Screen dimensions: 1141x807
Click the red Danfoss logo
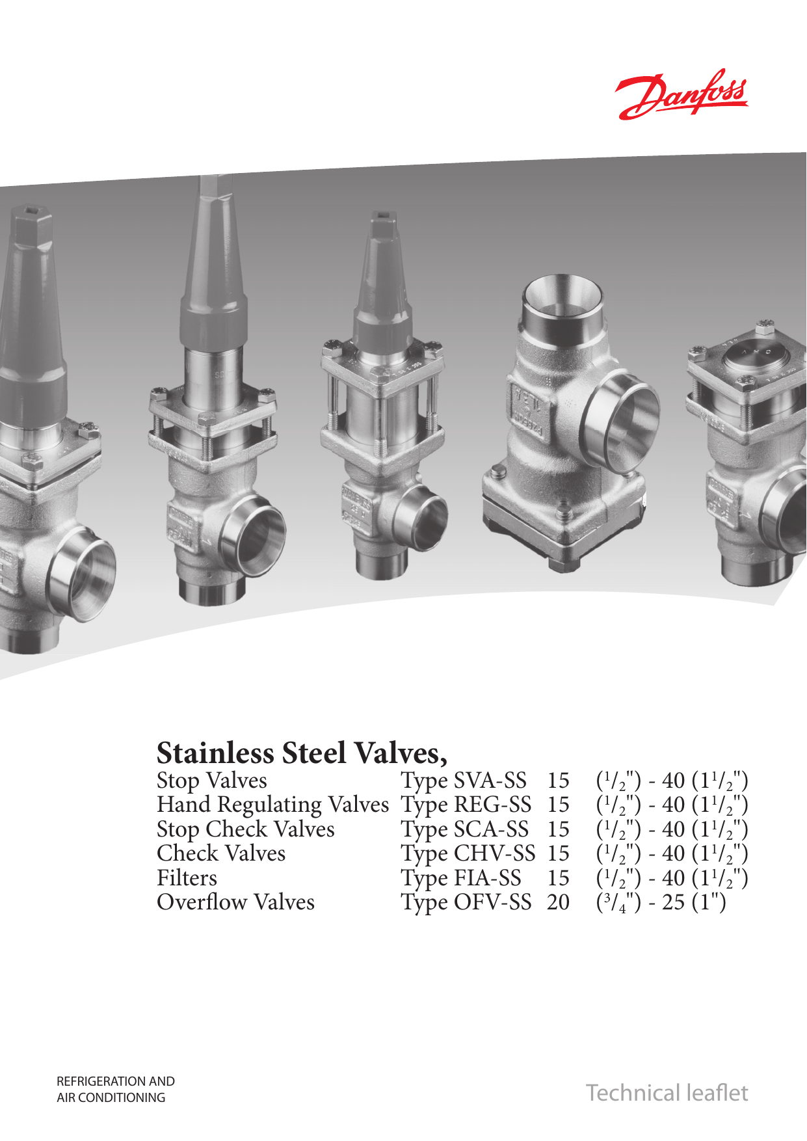(x=683, y=95)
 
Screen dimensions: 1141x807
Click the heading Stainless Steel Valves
(x=302, y=753)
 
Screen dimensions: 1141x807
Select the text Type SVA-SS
(x=463, y=781)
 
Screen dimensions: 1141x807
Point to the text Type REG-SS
(x=466, y=805)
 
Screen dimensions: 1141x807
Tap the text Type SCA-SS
(x=464, y=829)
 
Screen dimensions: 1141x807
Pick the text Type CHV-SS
(x=468, y=853)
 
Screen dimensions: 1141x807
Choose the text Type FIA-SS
(x=460, y=878)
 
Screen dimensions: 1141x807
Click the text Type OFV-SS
(x=466, y=902)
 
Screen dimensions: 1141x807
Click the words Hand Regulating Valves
(x=272, y=805)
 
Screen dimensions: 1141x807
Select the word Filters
(x=187, y=878)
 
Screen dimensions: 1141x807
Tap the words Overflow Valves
(x=235, y=902)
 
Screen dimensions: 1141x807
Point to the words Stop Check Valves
(x=245, y=829)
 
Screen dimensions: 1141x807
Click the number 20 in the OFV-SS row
(x=558, y=902)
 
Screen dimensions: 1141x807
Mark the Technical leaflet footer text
(x=667, y=1093)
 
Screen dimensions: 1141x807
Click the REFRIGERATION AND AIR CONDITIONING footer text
(x=116, y=1090)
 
